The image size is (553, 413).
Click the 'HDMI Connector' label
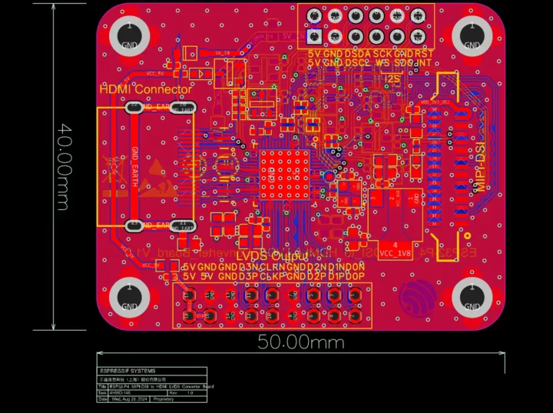pyautogui.click(x=146, y=90)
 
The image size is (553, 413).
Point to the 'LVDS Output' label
pyautogui.click(x=272, y=256)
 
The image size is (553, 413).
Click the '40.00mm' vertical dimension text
pyautogui.click(x=62, y=167)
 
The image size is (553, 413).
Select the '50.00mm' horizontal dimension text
pyautogui.click(x=300, y=342)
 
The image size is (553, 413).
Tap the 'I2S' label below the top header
pyautogui.click(x=392, y=78)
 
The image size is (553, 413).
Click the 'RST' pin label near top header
pyautogui.click(x=424, y=55)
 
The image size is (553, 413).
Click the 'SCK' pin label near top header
pyautogui.click(x=382, y=55)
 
